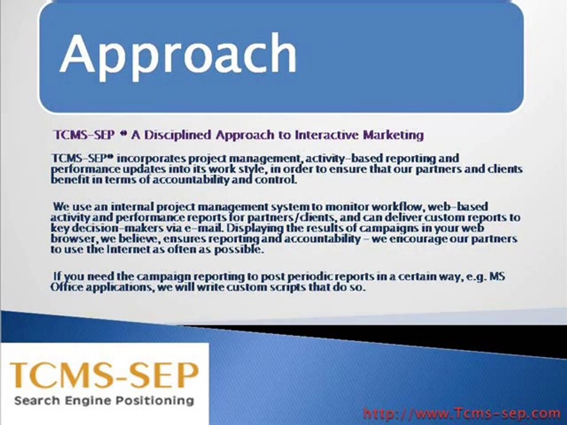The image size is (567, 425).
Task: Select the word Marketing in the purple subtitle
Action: coord(393,135)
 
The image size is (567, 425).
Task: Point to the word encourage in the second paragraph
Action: coord(416,239)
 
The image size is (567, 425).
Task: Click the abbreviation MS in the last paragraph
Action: coord(497,276)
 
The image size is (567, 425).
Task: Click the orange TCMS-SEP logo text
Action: coord(105,375)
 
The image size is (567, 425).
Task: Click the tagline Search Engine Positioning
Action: coord(104,400)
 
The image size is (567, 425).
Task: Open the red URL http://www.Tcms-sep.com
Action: coord(461,413)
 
